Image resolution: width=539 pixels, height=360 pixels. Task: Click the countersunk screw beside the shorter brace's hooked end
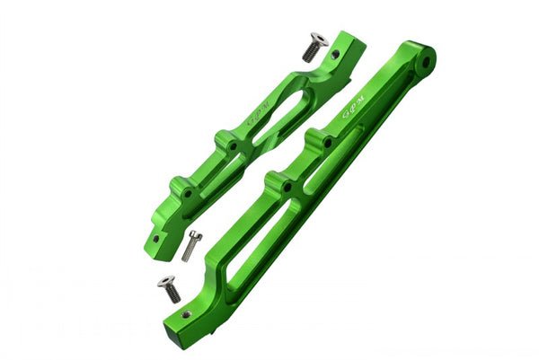tap(313, 46)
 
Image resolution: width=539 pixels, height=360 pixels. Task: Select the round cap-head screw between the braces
tap(191, 245)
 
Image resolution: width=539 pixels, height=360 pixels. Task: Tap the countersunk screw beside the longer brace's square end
tap(169, 289)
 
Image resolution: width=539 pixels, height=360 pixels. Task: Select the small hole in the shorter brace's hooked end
tap(336, 54)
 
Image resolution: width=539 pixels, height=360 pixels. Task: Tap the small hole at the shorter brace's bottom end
tap(155, 240)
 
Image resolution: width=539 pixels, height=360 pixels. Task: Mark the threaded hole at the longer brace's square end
tap(185, 314)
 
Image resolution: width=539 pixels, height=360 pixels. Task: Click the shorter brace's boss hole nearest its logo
tap(233, 144)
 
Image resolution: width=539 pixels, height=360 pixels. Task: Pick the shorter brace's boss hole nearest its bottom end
tap(187, 191)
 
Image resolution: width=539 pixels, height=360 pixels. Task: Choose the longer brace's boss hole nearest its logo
tap(327, 142)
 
